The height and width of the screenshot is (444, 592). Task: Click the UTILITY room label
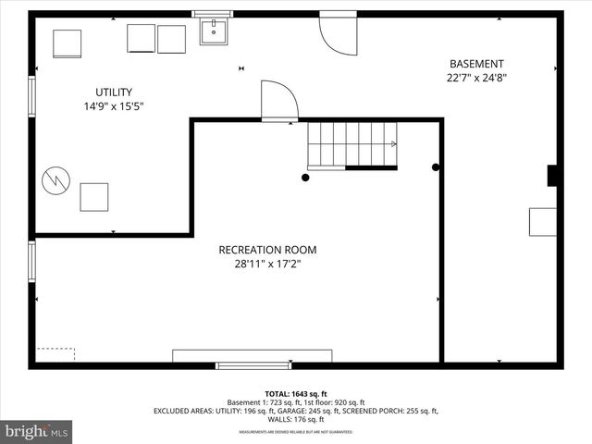(114, 92)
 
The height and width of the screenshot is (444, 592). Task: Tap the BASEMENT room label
(476, 64)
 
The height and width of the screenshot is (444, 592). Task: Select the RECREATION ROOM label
(267, 250)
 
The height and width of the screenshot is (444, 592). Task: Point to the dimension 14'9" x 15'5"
(114, 106)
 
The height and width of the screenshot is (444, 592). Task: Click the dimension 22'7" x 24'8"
(476, 79)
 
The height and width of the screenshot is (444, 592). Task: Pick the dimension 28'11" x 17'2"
(267, 265)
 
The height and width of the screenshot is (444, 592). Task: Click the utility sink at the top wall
(214, 31)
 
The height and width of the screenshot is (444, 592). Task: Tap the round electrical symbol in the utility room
(55, 179)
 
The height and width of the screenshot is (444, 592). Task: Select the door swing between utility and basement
(278, 102)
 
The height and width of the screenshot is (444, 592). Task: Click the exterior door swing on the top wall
(337, 33)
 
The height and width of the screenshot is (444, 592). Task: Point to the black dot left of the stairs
(305, 178)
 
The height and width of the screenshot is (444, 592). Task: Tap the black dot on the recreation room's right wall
(436, 167)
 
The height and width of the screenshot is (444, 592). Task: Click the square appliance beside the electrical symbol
(93, 197)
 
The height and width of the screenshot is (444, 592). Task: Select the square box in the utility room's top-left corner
(67, 43)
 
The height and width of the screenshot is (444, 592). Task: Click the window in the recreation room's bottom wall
(253, 365)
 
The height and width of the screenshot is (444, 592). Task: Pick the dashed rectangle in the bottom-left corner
(55, 354)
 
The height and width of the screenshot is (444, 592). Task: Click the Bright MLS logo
(37, 431)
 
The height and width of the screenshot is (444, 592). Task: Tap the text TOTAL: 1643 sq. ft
(295, 393)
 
